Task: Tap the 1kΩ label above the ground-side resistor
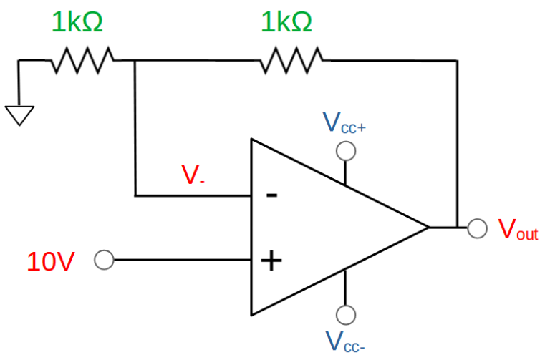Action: [77, 23]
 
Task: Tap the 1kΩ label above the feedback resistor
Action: [286, 23]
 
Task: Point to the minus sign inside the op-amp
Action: [271, 195]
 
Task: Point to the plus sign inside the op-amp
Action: [271, 261]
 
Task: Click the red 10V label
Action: [50, 262]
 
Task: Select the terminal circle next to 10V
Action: [104, 261]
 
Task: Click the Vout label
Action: [517, 229]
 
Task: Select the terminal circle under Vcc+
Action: [346, 151]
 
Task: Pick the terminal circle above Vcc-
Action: [346, 314]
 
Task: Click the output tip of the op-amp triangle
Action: [428, 228]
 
